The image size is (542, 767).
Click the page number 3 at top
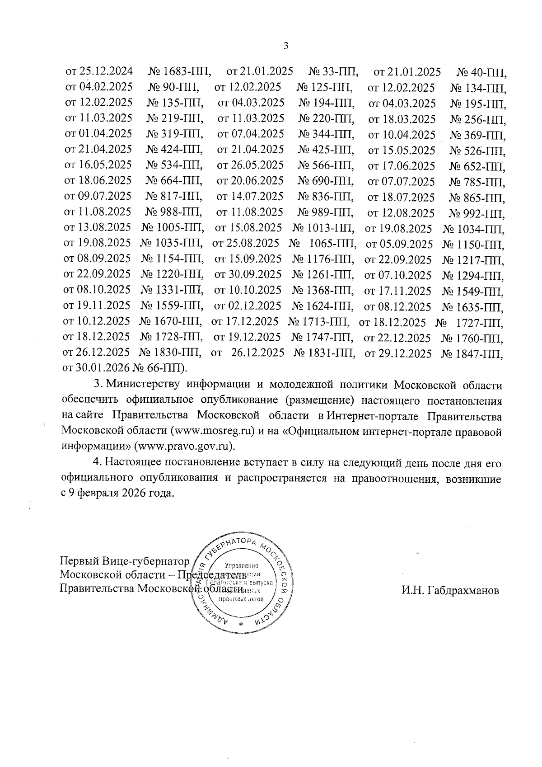tap(285, 45)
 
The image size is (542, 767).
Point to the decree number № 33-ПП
tap(334, 71)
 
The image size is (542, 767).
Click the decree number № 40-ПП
tap(482, 72)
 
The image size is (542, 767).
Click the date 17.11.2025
tap(404, 291)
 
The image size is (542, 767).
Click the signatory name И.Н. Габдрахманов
tap(450, 590)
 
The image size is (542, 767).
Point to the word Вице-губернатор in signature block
tap(146, 562)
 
